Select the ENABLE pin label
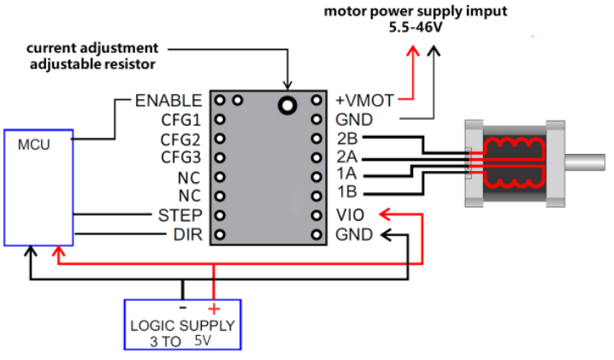click(168, 101)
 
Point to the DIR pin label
click(188, 233)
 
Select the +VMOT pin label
click(365, 101)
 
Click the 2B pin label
click(347, 139)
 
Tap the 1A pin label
click(347, 176)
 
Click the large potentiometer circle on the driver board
click(287, 105)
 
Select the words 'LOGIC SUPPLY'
click(181, 326)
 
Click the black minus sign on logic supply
click(182, 308)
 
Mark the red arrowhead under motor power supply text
click(412, 50)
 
